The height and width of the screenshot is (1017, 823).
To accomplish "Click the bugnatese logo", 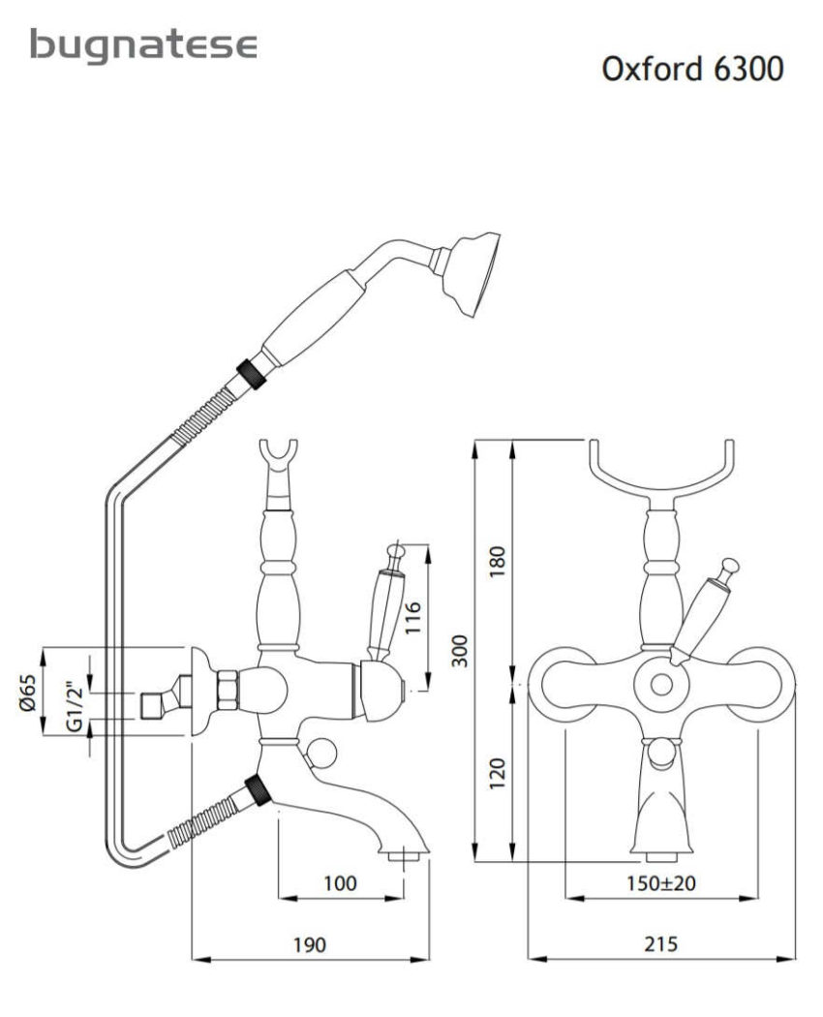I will pos(144,46).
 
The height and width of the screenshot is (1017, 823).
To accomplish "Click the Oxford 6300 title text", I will pos(691,71).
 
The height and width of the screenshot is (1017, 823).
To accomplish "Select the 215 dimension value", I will pos(662,944).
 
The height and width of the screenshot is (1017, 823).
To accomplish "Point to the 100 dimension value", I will pos(340,882).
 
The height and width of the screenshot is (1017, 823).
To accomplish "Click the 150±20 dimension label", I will pos(661,882).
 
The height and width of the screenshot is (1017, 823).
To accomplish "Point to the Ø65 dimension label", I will pos(28,693).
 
